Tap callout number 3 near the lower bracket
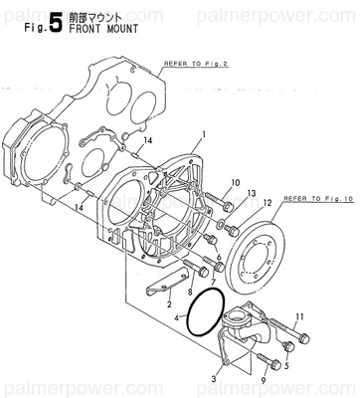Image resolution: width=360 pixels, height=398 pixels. (x=214, y=379)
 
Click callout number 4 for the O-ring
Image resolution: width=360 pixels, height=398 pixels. (x=178, y=318)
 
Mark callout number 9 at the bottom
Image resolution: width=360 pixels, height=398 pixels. (x=264, y=379)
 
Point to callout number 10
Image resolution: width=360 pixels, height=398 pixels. (x=235, y=183)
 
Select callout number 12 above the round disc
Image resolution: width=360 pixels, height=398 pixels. (x=265, y=203)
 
